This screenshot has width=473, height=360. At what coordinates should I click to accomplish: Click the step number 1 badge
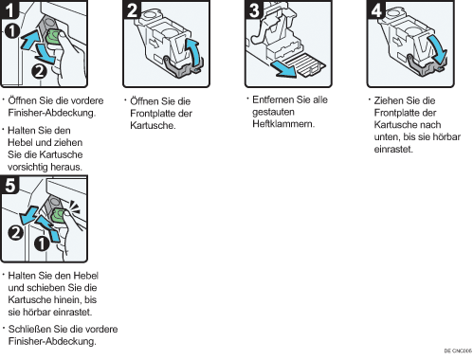click(9, 9)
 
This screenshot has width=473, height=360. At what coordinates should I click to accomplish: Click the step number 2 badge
click(132, 9)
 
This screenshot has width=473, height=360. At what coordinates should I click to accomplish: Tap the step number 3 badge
click(254, 9)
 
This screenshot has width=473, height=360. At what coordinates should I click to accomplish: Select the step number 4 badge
click(376, 9)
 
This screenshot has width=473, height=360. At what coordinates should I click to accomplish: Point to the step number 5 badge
click(9, 185)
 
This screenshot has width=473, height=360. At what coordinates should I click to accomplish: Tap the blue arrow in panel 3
click(282, 69)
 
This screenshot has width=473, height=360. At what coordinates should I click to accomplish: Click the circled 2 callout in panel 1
click(39, 71)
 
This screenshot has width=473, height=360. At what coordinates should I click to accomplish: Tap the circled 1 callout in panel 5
click(42, 243)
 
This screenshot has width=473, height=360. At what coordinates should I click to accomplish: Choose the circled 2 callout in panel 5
click(15, 233)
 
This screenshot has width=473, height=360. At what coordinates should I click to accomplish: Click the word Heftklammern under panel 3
click(283, 124)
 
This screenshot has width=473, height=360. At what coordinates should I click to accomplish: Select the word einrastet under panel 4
click(393, 149)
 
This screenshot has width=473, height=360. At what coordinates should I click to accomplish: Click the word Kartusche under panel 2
click(153, 125)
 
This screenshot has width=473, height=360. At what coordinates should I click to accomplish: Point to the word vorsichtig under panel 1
click(27, 167)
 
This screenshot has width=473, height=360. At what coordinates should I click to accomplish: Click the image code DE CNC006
click(458, 351)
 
